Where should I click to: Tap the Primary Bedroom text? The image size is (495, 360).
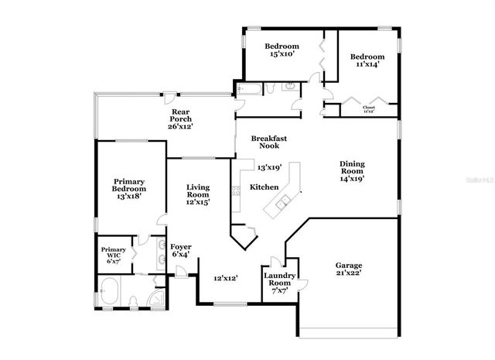click(x=128, y=189)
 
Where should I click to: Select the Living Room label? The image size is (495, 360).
click(x=198, y=194)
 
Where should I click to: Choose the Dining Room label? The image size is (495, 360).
click(x=352, y=170)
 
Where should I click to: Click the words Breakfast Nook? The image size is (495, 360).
click(x=269, y=142)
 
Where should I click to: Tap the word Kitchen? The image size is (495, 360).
click(x=264, y=187)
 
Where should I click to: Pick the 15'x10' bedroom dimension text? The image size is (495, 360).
click(x=282, y=55)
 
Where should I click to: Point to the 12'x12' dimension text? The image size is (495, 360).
click(x=225, y=277)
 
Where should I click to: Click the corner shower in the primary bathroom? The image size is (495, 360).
click(x=159, y=297)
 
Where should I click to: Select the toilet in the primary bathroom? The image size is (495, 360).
click(x=134, y=300)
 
